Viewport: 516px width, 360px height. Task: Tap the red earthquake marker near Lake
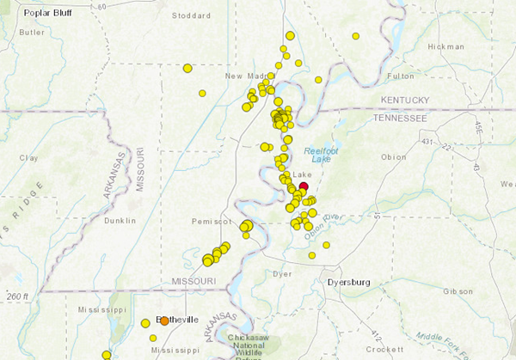303,186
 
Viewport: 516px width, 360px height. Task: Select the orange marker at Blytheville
164,321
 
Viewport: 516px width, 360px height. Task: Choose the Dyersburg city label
348,281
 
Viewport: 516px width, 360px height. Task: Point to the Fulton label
401,76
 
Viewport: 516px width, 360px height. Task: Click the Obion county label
393,156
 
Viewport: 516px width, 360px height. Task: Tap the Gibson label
458,291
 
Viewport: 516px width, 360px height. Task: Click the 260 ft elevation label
15,296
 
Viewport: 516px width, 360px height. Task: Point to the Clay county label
29,157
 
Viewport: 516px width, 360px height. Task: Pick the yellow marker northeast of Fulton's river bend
355,36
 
